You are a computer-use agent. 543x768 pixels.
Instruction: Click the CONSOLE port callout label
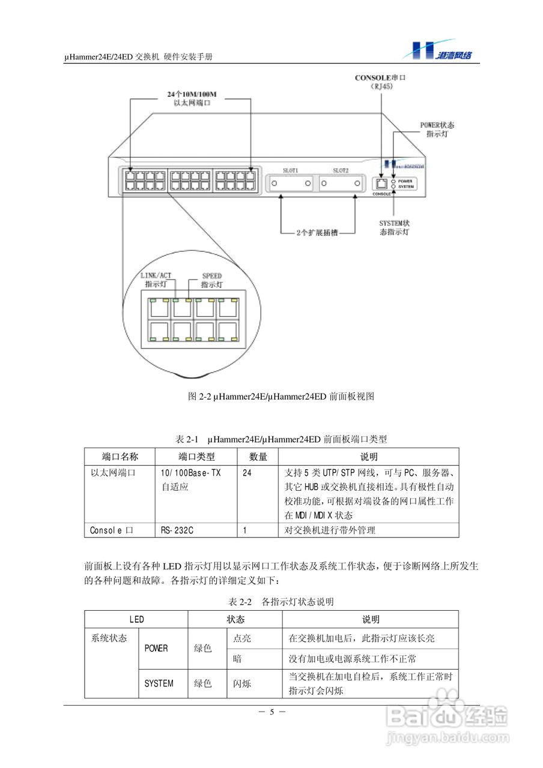click(380, 82)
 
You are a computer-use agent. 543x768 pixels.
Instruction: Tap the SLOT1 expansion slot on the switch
click(291, 183)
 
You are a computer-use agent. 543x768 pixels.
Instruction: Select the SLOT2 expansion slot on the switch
click(341, 183)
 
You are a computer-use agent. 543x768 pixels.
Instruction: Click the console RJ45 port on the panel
click(381, 184)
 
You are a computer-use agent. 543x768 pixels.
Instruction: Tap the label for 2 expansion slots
click(317, 233)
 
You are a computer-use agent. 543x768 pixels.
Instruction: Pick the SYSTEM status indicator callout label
click(394, 227)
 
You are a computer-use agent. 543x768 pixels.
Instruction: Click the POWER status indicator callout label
click(437, 129)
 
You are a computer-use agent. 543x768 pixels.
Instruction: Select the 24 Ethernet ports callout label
click(191, 99)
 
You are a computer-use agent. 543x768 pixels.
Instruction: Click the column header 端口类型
click(196, 457)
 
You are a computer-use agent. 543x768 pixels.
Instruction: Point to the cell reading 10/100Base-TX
click(190, 473)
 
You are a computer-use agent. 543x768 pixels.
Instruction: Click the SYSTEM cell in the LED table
click(159, 683)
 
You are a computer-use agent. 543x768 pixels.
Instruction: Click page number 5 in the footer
click(271, 712)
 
